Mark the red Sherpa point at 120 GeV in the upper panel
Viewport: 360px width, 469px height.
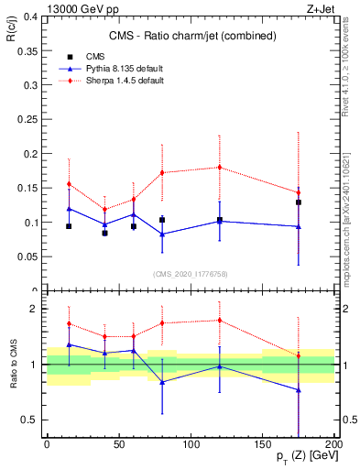tap(220, 167)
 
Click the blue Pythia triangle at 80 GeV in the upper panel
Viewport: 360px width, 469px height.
tap(162, 234)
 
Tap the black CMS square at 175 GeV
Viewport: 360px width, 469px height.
tap(299, 202)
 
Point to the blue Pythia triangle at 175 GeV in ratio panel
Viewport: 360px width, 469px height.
tap(299, 390)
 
